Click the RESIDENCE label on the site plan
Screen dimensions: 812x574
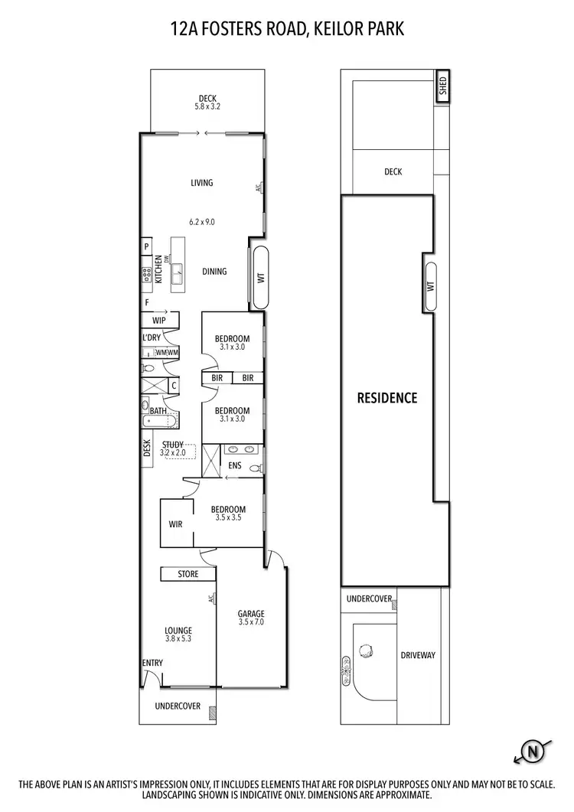[388, 398]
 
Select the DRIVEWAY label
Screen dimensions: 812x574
[418, 655]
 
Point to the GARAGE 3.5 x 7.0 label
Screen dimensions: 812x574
[250, 618]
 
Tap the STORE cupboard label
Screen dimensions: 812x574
[188, 574]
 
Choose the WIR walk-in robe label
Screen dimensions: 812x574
[175, 524]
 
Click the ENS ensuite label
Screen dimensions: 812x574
[235, 465]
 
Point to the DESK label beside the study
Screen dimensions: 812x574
[146, 448]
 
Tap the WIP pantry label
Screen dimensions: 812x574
[159, 321]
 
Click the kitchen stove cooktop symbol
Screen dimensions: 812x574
[145, 275]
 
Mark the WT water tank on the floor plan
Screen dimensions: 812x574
[259, 278]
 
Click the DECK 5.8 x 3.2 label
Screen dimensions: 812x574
[207, 102]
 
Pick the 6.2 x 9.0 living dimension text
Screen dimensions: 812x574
[202, 222]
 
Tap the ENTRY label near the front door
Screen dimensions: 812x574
[152, 663]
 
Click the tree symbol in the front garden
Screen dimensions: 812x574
[367, 651]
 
